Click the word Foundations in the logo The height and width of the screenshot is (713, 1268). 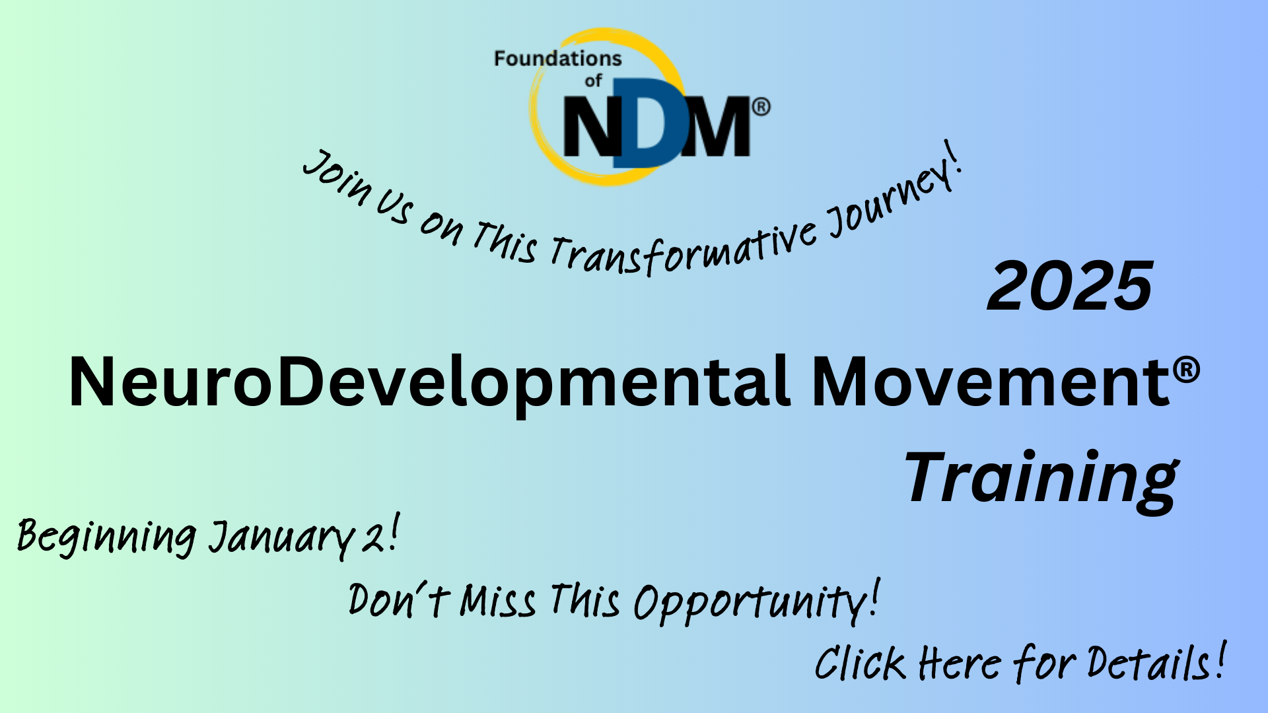(558, 59)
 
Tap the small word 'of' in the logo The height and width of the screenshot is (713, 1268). (593, 81)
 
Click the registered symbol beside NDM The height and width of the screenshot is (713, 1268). (761, 107)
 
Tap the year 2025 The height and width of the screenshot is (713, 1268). (1070, 286)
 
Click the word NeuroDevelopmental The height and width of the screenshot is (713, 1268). (429, 383)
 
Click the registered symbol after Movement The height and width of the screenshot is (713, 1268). (1187, 370)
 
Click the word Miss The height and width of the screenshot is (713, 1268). (498, 601)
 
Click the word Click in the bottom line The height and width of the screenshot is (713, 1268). (860, 663)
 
